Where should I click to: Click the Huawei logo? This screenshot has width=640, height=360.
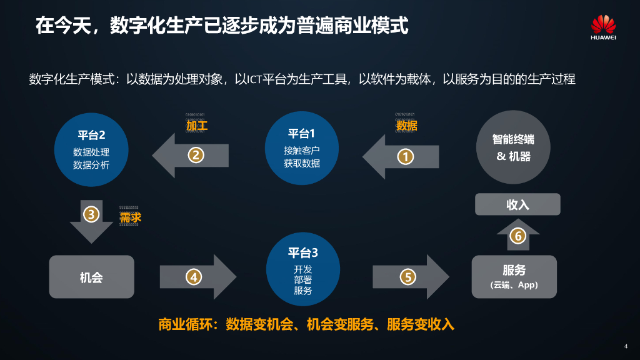coord(603,28)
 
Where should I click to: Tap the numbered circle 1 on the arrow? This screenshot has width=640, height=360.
coord(406,157)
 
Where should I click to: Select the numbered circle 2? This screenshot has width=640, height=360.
coord(196,155)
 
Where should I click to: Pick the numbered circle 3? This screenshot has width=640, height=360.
coord(91,214)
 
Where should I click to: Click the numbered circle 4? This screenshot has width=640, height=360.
coord(194,276)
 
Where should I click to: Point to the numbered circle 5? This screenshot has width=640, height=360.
coord(407,276)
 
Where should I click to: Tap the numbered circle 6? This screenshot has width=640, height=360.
coord(517,236)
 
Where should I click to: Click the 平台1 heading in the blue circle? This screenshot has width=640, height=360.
coord(301,133)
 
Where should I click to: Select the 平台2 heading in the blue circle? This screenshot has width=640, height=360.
coord(91,135)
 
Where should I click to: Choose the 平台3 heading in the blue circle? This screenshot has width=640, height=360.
coord(302,253)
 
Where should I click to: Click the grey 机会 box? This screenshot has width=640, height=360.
coord(91,277)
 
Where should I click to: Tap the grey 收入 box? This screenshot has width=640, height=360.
coord(517,204)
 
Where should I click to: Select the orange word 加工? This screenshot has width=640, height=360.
coord(196,126)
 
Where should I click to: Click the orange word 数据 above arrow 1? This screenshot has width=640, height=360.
coord(406,126)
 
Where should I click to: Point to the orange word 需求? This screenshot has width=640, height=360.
coord(130,217)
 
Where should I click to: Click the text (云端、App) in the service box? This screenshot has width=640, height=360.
coord(514,285)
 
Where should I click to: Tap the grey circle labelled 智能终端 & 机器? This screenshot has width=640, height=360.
coord(512,147)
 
